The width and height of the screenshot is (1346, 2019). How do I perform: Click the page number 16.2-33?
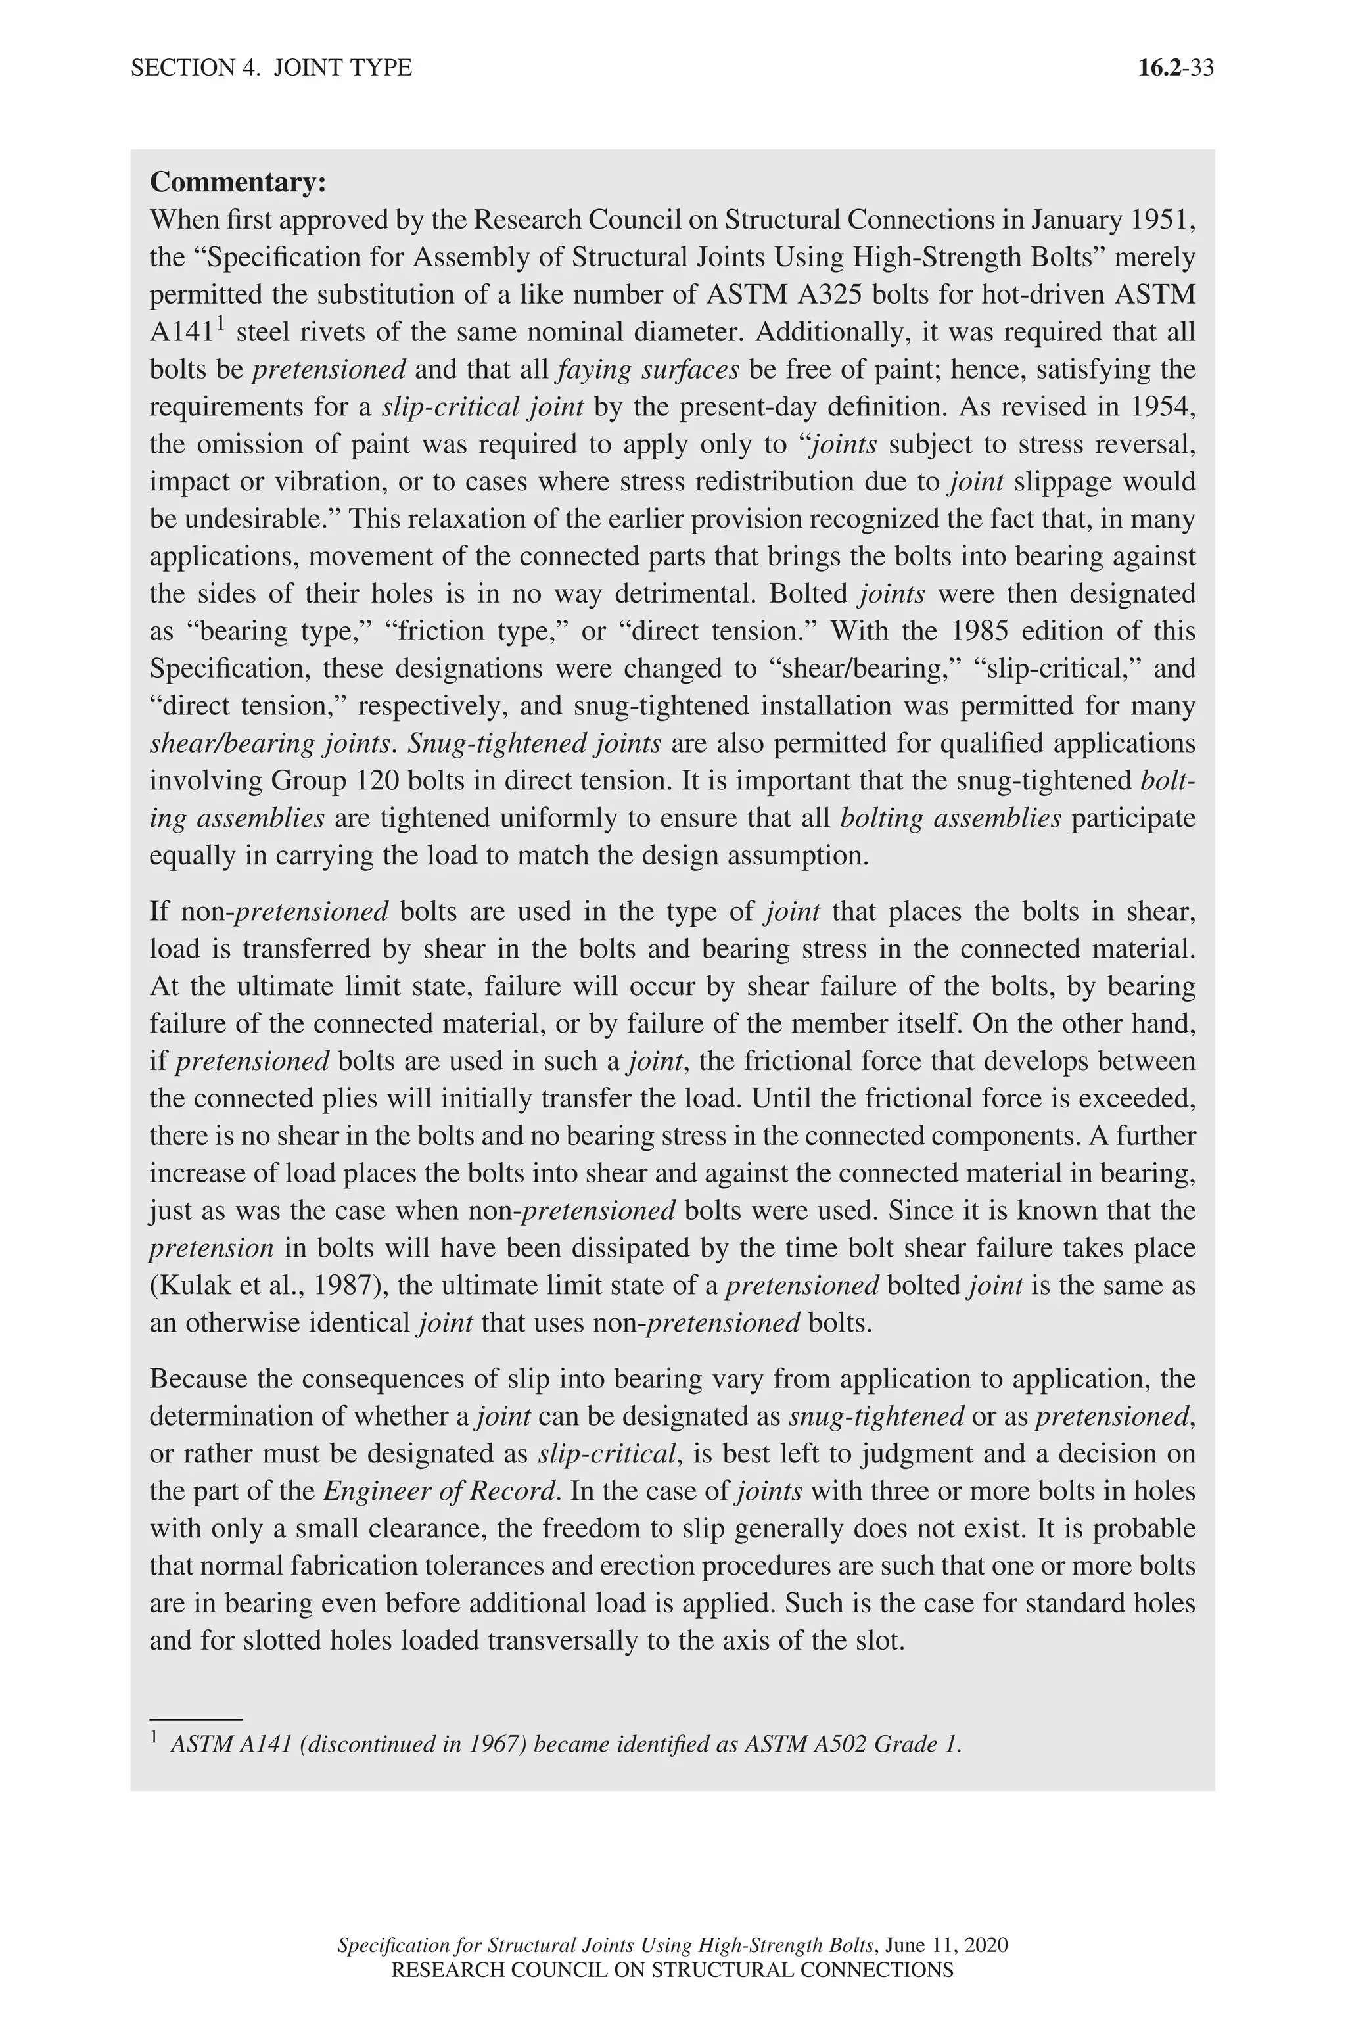point(1175,68)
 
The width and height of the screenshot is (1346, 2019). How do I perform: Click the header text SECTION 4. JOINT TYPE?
point(271,68)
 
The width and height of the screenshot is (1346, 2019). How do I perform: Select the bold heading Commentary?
point(238,182)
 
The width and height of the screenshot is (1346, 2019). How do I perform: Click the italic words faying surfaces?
point(648,370)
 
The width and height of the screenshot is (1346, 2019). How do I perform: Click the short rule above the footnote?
point(196,1720)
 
